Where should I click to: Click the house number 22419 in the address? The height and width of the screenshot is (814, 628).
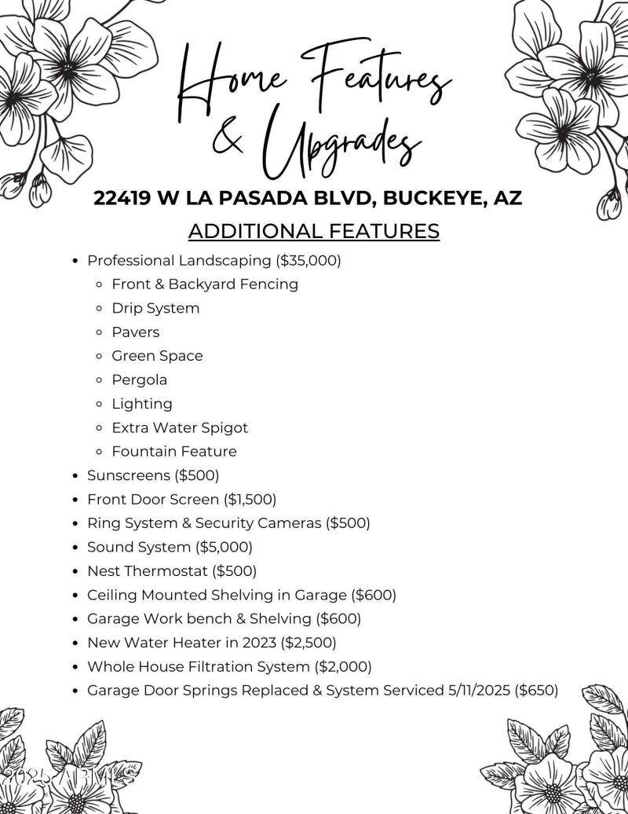(x=122, y=198)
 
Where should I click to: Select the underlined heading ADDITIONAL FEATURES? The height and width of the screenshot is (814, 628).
(x=314, y=231)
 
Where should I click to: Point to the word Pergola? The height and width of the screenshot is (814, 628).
(x=139, y=379)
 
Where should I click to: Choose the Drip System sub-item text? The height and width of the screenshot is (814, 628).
(x=155, y=308)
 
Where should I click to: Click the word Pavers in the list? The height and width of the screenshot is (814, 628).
(x=135, y=332)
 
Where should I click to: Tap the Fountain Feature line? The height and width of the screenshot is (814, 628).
(x=173, y=451)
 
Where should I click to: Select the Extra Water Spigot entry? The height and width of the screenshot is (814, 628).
(x=179, y=427)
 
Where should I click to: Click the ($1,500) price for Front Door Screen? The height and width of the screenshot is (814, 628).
(x=250, y=499)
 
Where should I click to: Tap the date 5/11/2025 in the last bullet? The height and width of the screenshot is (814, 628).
(x=479, y=690)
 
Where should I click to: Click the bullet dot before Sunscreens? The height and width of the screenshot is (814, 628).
(x=75, y=476)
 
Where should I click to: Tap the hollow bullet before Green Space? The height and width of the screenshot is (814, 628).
(x=99, y=356)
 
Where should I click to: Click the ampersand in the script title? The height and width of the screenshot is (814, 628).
(x=228, y=140)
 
